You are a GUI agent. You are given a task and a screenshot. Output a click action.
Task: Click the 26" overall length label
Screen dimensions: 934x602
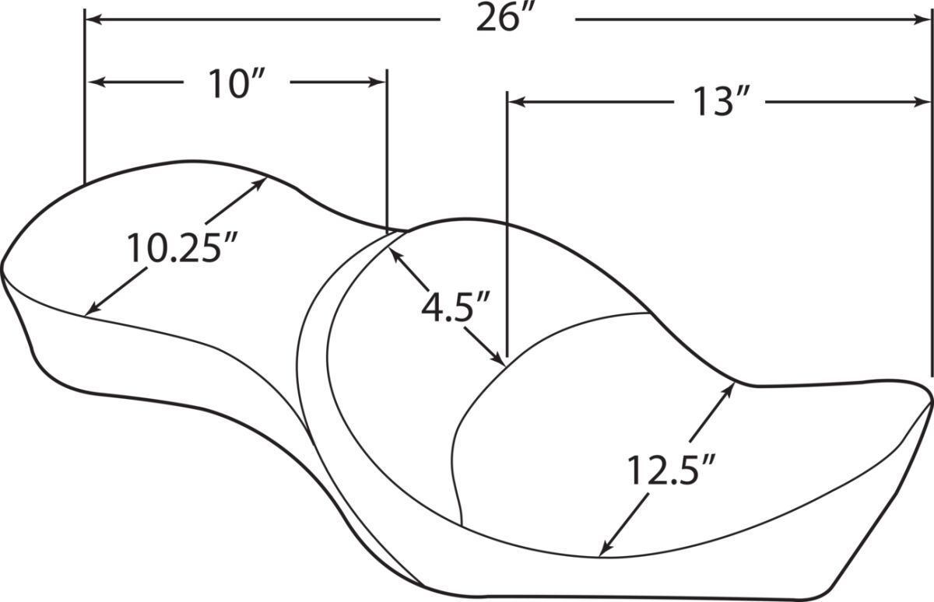click(x=504, y=17)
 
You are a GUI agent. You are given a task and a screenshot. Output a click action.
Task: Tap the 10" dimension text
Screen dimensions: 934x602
click(x=237, y=84)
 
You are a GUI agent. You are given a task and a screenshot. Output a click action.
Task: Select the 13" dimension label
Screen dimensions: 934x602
click(x=721, y=101)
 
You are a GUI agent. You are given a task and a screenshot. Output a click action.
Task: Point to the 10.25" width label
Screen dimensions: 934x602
click(x=182, y=247)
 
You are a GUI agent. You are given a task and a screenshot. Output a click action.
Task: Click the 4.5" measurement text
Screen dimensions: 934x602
click(x=455, y=307)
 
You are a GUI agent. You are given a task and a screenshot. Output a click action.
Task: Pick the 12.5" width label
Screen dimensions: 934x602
click(x=671, y=471)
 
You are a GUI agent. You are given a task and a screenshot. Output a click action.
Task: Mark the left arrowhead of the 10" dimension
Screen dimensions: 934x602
click(x=97, y=82)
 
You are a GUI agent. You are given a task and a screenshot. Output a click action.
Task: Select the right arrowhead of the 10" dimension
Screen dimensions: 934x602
click(x=377, y=82)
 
